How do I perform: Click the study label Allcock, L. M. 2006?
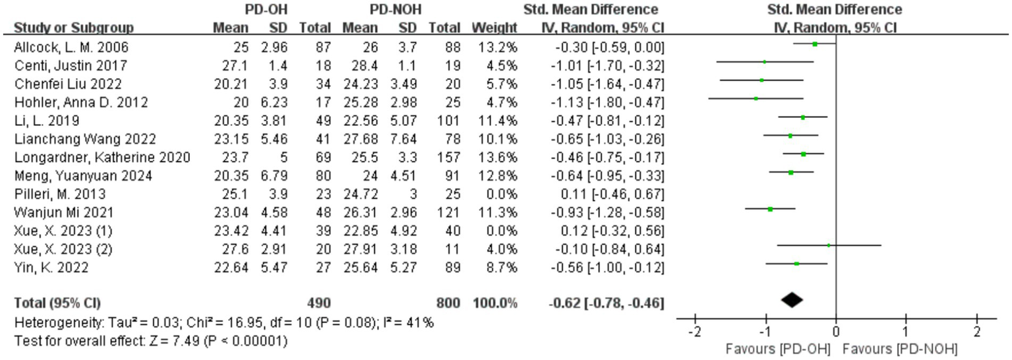pyautogui.click(x=71, y=47)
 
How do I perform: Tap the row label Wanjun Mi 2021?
pyautogui.click(x=63, y=213)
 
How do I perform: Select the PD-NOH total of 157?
pyautogui.click(x=440, y=158)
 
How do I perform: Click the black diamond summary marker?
pyautogui.click(x=792, y=300)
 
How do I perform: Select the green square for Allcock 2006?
pyautogui.click(x=815, y=44)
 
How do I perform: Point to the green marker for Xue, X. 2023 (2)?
pyautogui.click(x=829, y=245)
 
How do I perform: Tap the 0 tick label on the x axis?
pyautogui.click(x=836, y=331)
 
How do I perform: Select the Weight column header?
pyautogui.click(x=494, y=28)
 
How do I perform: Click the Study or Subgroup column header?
pyautogui.click(x=73, y=28)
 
